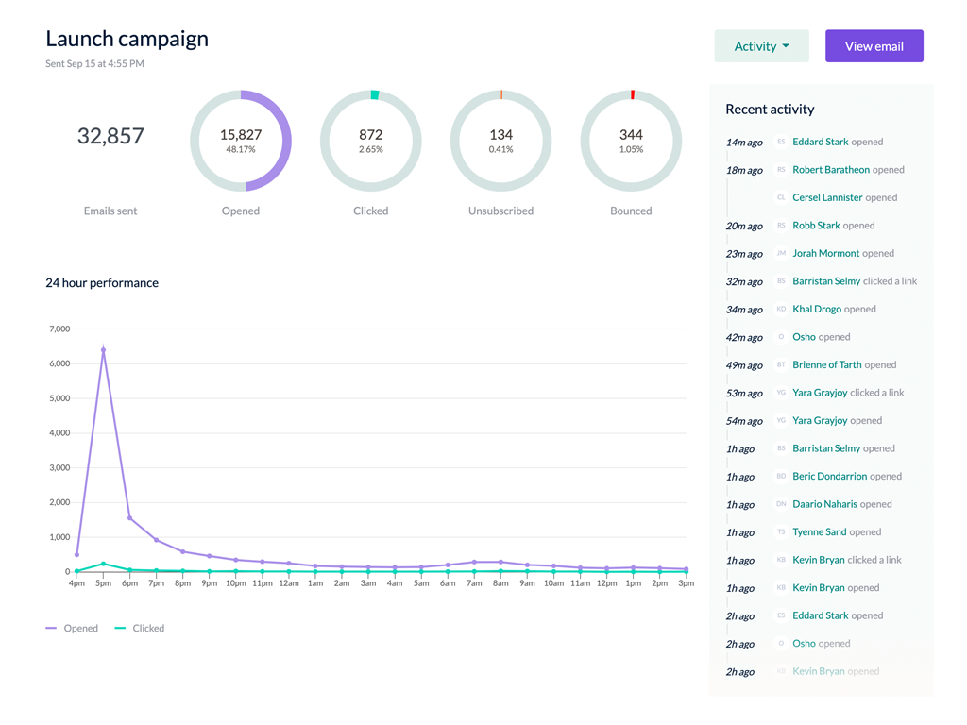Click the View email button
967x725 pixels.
click(x=874, y=46)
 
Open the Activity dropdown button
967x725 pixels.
click(x=761, y=46)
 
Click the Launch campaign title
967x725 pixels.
click(x=127, y=39)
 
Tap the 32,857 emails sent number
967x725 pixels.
click(x=110, y=136)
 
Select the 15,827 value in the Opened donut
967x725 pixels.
click(x=241, y=135)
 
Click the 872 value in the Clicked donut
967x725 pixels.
click(x=370, y=135)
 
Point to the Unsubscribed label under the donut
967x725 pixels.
click(x=500, y=211)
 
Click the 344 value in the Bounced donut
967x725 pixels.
click(x=631, y=135)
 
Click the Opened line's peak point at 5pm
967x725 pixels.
click(x=103, y=350)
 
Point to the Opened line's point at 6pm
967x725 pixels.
click(x=129, y=517)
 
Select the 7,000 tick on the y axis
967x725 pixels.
click(x=59, y=329)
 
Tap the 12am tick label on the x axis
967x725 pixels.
click(x=289, y=583)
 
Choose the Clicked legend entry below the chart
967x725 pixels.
click(x=148, y=628)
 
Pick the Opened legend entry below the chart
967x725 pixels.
click(x=80, y=628)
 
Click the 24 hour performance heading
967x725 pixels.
click(x=102, y=283)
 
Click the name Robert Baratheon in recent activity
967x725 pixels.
click(x=831, y=170)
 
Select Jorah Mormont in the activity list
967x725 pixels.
click(x=825, y=253)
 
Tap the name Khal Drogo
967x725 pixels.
click(x=817, y=309)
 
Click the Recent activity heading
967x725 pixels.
click(x=770, y=110)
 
